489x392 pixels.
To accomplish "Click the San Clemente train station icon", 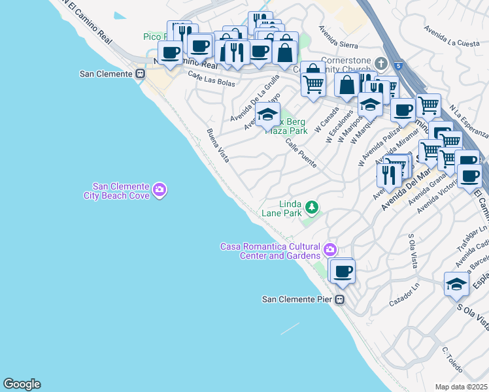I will (x=139, y=74).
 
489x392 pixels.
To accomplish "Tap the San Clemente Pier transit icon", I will (x=339, y=300).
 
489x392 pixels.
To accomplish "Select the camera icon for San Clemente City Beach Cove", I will (x=160, y=190).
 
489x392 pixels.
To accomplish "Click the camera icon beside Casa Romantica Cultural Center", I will (x=330, y=249).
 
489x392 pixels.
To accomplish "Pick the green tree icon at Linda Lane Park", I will (x=312, y=208).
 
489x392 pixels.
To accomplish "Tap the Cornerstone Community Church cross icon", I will (x=382, y=63).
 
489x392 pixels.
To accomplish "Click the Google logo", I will (x=22, y=384).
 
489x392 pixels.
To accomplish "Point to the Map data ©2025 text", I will (x=461, y=387).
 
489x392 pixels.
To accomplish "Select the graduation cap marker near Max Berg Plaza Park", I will (x=267, y=115).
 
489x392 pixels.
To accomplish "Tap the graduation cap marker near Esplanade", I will (x=456, y=284).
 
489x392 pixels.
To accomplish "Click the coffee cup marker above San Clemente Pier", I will (x=342, y=270).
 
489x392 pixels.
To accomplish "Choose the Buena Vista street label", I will (x=218, y=146).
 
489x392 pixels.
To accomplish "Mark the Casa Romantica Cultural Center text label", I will (x=271, y=251).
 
